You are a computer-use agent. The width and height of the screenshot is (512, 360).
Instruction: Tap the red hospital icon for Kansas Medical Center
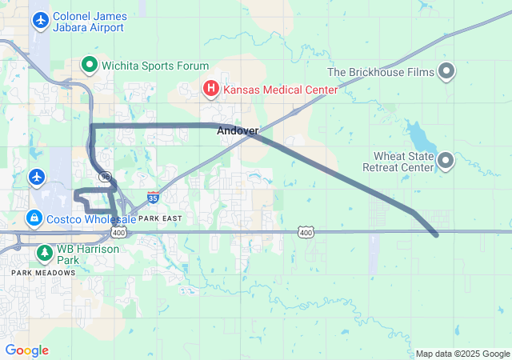tap(211, 88)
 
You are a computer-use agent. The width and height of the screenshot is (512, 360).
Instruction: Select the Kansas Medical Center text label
tap(279, 89)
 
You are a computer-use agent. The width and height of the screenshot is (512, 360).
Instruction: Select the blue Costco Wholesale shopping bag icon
tap(34, 217)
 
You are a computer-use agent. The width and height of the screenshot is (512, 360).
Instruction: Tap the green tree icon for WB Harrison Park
tap(44, 254)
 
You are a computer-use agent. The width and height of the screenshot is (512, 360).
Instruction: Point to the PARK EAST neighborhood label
tap(160, 218)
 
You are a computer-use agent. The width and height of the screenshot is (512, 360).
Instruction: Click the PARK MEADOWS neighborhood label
tap(43, 273)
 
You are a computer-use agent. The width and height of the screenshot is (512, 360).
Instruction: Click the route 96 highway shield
tap(105, 174)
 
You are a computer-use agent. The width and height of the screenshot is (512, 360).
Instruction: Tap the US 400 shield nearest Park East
tap(118, 232)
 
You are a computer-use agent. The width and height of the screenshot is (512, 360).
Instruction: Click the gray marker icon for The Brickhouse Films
tap(447, 72)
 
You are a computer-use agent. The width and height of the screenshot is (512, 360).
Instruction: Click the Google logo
tap(27, 350)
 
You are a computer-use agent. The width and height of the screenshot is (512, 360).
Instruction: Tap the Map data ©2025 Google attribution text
tap(462, 354)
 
